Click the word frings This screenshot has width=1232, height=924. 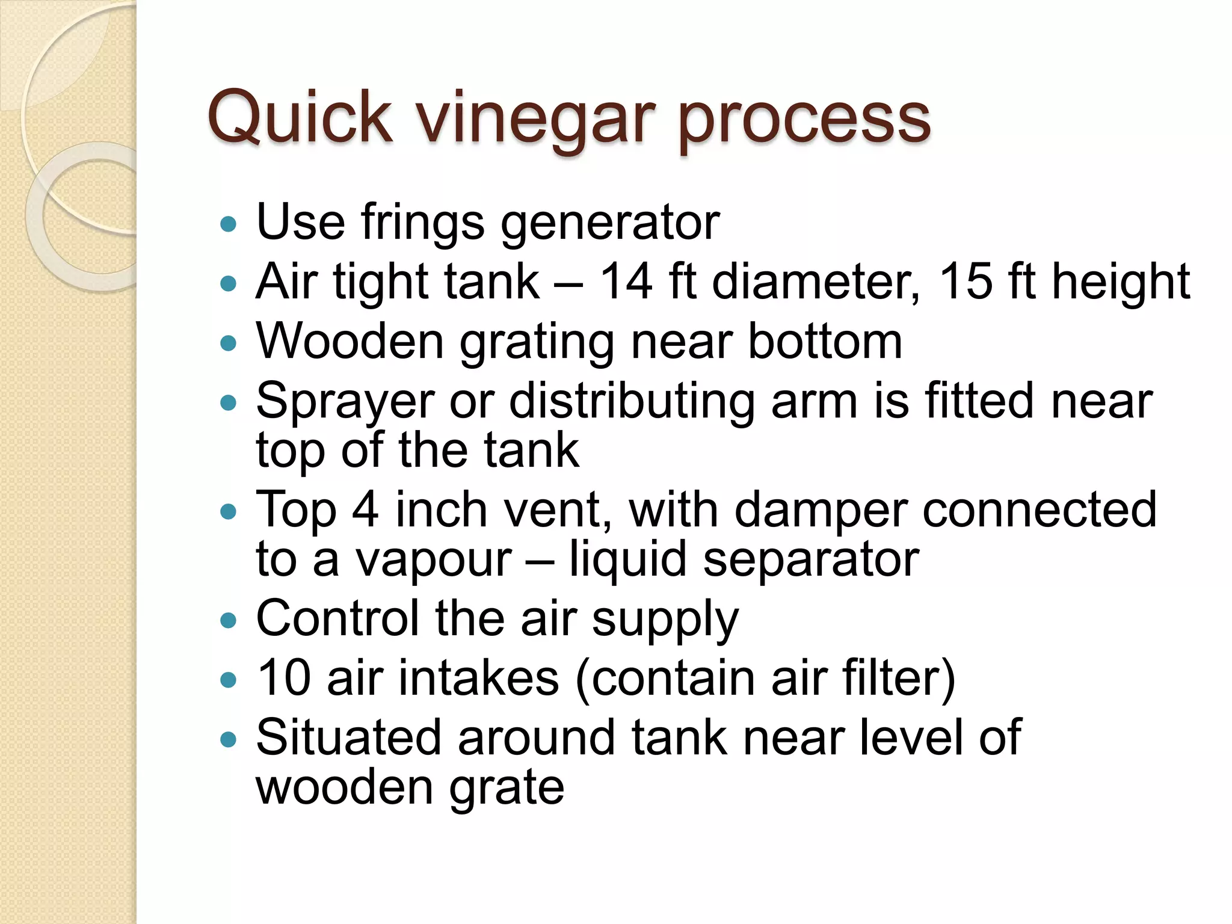click(422, 223)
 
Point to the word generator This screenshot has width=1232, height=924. click(610, 223)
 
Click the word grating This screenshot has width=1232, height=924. click(537, 342)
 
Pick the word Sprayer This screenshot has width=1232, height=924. click(345, 401)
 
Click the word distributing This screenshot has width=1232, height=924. click(632, 401)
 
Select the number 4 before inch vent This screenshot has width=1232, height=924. click(365, 510)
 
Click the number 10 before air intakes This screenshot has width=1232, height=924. click(283, 678)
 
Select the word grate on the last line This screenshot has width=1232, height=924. click(507, 787)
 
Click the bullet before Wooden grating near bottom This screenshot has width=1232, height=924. click(229, 343)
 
